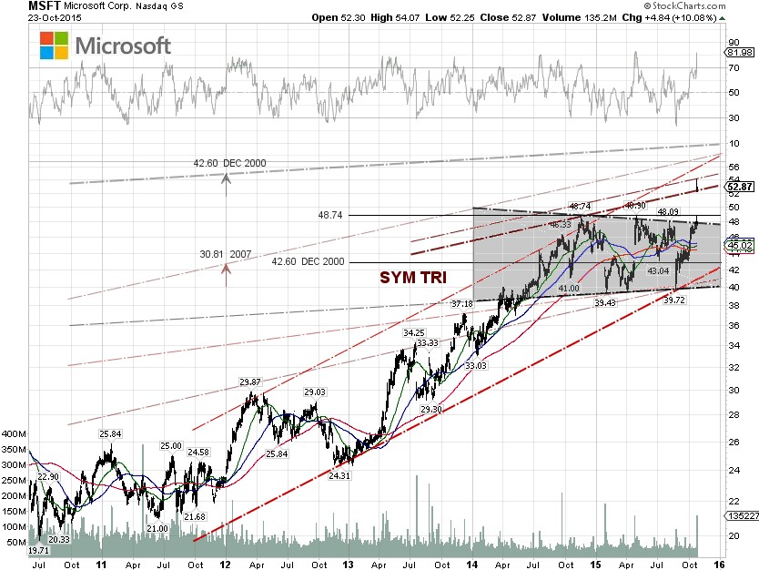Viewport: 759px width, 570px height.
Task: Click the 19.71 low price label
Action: (38, 551)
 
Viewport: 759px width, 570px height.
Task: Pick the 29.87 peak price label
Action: (251, 382)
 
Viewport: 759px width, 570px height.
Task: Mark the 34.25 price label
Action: (415, 332)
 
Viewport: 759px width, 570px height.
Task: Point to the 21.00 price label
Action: (157, 528)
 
